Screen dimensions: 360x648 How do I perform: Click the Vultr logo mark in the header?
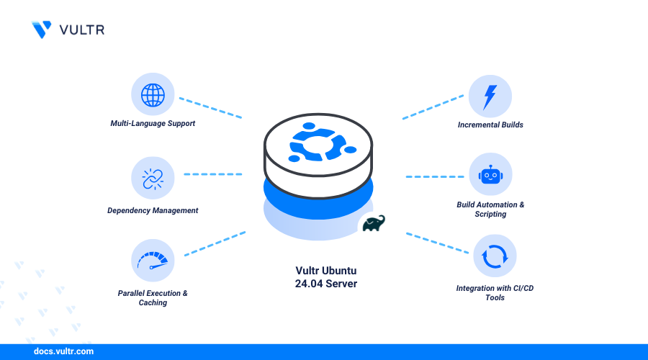[x=42, y=29]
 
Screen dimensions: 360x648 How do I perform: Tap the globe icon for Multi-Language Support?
[x=153, y=96]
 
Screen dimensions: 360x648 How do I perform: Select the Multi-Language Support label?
[x=153, y=124]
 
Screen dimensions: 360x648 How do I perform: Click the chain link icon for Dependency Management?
[x=153, y=179]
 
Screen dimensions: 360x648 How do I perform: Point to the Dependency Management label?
[x=153, y=210]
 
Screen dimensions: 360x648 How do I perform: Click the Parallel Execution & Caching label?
[x=153, y=298]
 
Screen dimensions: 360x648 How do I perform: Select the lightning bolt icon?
[x=490, y=96]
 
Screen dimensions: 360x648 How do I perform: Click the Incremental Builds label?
[x=490, y=125]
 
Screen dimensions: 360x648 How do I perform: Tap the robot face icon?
[x=490, y=175]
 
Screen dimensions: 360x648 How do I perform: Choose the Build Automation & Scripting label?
[x=490, y=210]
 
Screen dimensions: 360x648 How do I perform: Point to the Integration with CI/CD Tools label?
[x=495, y=293]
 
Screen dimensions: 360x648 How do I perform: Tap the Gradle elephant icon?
[x=374, y=224]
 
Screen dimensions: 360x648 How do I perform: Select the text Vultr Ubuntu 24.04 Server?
[x=326, y=277]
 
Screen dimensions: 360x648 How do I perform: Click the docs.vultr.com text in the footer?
[x=63, y=352]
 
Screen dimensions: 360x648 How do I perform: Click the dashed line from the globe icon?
[x=210, y=107]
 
